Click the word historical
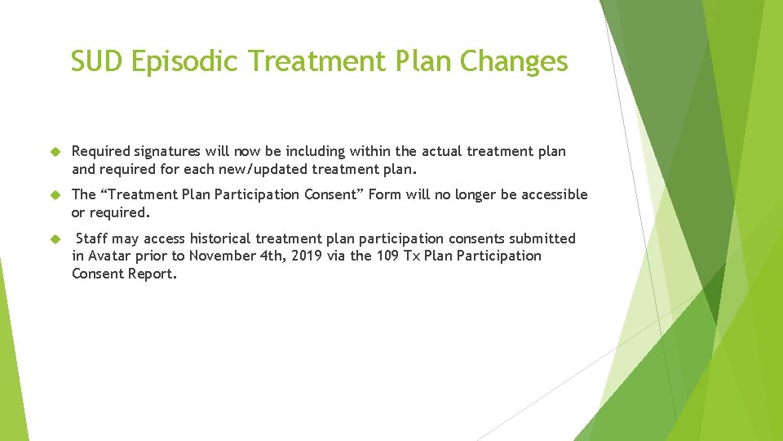click(224, 238)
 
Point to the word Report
click(153, 274)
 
